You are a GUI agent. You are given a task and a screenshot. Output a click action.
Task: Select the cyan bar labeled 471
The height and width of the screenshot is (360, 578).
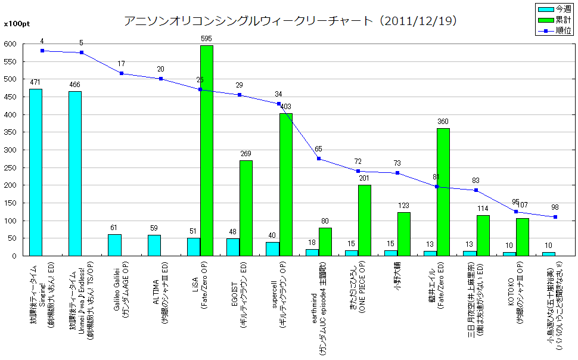pos(36,173)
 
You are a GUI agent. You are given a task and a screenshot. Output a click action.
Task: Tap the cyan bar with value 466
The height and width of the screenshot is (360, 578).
pos(75,174)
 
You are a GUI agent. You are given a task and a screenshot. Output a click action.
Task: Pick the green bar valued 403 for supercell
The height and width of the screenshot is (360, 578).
pos(285,185)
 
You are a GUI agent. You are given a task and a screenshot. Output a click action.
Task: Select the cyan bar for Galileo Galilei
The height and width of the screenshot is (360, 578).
pos(114,245)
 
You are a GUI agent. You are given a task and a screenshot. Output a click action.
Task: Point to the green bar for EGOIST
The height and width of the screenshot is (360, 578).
pos(246,208)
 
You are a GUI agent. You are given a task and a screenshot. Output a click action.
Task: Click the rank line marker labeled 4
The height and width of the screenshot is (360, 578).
pos(42,51)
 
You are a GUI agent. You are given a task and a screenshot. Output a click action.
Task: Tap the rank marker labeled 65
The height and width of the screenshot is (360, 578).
pos(319,159)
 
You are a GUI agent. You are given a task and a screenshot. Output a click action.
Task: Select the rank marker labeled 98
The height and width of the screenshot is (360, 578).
pos(555,217)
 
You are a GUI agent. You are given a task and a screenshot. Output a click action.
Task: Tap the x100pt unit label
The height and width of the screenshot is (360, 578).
pos(16,24)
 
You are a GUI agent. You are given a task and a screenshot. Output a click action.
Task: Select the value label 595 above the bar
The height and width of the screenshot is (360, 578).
pos(207,39)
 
